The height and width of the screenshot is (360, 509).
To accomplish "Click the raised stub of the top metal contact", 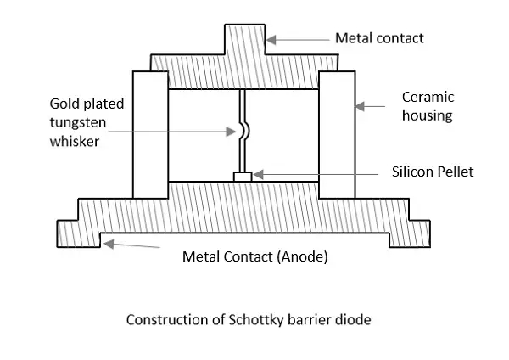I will [x=243, y=40].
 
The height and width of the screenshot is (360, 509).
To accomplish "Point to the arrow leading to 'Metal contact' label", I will [x=297, y=39].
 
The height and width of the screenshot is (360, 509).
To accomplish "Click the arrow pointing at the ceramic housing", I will [x=372, y=107].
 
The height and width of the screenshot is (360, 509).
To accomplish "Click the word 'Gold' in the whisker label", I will [x=64, y=104].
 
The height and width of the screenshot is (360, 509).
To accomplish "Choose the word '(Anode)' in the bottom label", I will [x=301, y=256].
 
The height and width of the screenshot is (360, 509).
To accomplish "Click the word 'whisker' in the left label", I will [x=75, y=141].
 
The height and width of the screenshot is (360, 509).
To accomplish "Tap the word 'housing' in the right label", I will [x=428, y=115].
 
